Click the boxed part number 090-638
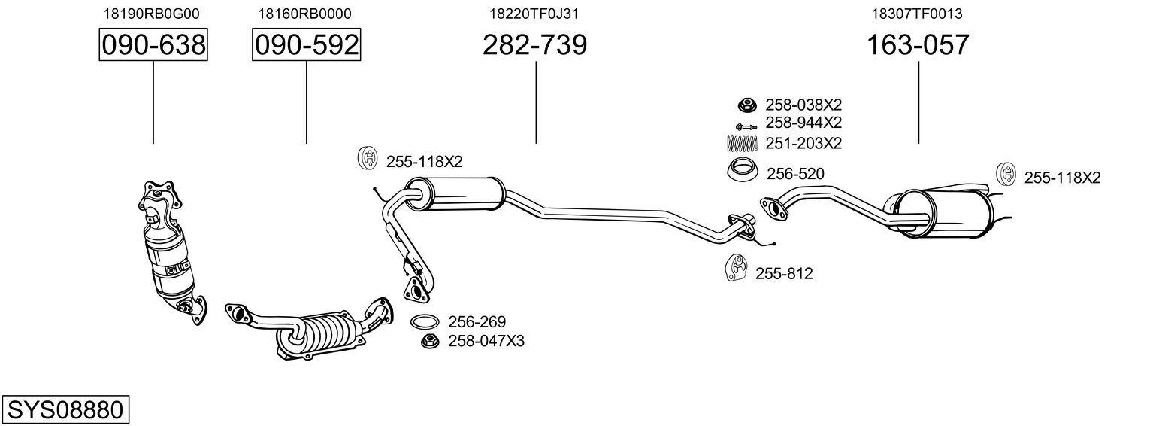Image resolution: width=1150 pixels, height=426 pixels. (153, 45)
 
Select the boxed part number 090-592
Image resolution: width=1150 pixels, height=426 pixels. (306, 45)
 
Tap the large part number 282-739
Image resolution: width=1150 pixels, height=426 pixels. (534, 45)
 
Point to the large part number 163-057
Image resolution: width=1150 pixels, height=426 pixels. (918, 45)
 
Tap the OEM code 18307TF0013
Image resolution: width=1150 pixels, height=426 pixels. (917, 14)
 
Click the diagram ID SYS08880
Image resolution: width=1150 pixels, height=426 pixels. (65, 410)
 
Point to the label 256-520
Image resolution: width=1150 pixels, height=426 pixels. (795, 175)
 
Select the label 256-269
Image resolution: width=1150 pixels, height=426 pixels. (477, 322)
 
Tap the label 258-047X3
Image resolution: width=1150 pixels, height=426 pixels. (486, 341)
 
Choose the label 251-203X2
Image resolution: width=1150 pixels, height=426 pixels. (803, 143)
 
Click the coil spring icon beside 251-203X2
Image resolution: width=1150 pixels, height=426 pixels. (743, 143)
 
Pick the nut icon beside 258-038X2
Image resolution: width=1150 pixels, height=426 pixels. (746, 105)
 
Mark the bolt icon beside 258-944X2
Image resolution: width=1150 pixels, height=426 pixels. (745, 124)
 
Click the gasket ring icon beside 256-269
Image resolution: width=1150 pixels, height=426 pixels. (425, 322)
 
